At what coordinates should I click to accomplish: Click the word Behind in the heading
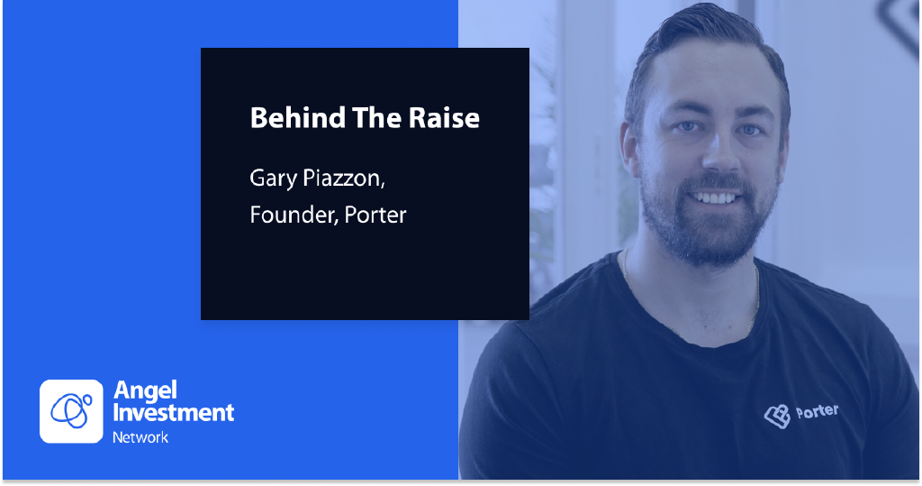click(297, 117)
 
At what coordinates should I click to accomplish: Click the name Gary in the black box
click(274, 179)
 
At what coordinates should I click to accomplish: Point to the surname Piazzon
click(344, 179)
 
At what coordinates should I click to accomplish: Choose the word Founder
click(294, 215)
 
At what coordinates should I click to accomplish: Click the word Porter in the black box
click(375, 215)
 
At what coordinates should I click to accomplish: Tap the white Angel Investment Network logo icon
click(71, 411)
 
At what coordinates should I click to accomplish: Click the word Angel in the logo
click(145, 391)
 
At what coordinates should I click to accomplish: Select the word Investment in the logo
click(174, 413)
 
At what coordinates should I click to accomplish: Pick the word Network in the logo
click(140, 437)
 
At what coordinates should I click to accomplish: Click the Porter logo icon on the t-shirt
click(777, 416)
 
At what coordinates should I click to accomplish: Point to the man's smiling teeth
click(714, 197)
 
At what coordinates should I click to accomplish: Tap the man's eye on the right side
click(750, 130)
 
